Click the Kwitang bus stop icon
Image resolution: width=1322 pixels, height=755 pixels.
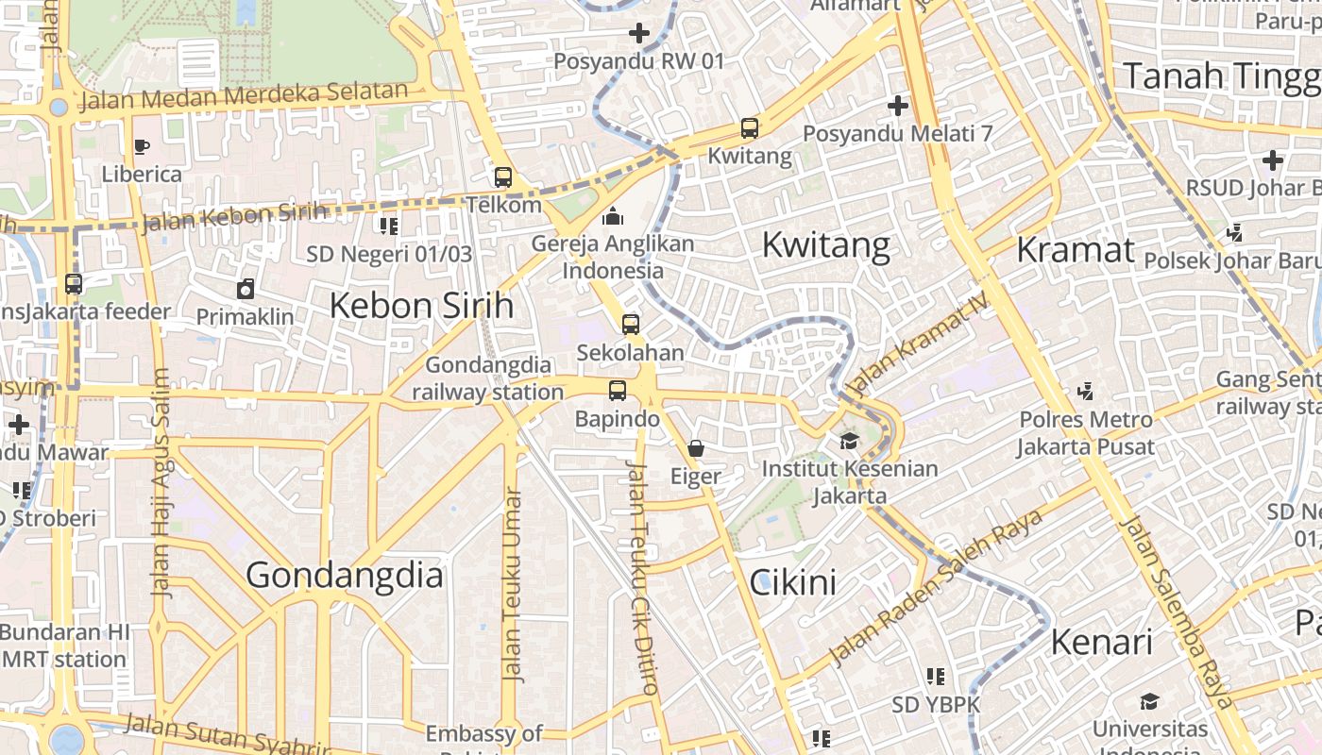[x=749, y=127]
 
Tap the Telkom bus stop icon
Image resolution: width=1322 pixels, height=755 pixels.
[x=503, y=176]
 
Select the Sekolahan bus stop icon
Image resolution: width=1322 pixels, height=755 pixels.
[x=631, y=325]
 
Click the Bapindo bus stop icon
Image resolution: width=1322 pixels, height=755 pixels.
[x=618, y=390]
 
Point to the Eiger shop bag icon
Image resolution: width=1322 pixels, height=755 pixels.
[x=696, y=448]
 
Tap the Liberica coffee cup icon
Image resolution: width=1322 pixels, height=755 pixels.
[x=142, y=146]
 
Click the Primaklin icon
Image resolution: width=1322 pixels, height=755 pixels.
[x=246, y=289]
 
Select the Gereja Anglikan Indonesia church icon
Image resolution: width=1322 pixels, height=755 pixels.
[x=612, y=216]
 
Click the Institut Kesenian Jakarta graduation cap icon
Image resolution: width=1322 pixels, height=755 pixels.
[x=849, y=441]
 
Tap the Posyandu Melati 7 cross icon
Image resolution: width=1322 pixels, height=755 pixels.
[x=897, y=106]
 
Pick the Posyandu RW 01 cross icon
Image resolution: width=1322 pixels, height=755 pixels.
[x=639, y=34]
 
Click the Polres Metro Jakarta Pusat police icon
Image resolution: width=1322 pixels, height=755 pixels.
[x=1086, y=391]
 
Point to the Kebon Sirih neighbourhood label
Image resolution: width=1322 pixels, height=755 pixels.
[x=421, y=306]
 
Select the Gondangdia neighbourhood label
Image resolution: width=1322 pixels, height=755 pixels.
[x=345, y=575]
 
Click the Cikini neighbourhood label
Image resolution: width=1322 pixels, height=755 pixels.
[x=793, y=582]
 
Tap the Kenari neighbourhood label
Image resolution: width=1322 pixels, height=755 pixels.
[x=1101, y=643]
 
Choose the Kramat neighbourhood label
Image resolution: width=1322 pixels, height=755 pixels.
[x=1076, y=250]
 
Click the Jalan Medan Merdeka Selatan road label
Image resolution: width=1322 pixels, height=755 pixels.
[x=244, y=95]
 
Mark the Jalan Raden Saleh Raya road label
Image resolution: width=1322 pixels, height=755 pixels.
[x=935, y=587]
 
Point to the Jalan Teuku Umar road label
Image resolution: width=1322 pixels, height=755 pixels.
[x=512, y=585]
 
